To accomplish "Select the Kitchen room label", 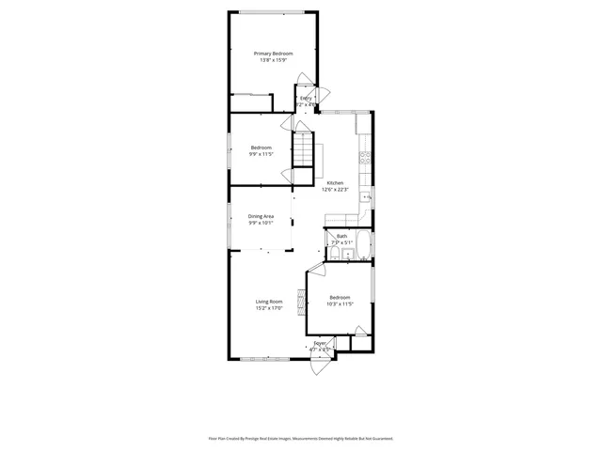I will (335, 182).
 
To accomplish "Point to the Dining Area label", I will (261, 216).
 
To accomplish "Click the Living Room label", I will (269, 302).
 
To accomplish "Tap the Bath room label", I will (341, 237).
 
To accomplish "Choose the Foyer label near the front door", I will (320, 344).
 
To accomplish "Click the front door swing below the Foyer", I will (321, 366).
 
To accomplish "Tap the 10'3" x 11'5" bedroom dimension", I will (340, 303).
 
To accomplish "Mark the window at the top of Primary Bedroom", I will (271, 12).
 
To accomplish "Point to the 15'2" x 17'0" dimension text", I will (269, 308).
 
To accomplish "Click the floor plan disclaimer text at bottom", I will (301, 438).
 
